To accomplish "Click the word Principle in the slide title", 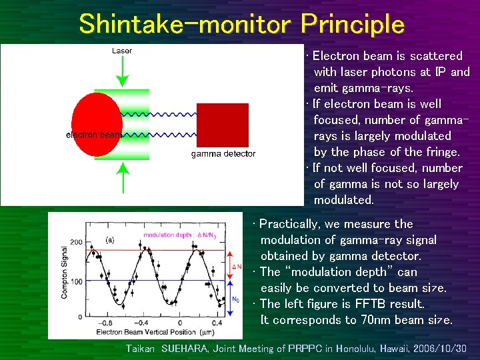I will coord(352,25).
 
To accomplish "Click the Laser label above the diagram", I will coord(121,51).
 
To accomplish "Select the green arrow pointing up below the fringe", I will coord(121,179).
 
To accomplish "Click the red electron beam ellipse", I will coord(97,126).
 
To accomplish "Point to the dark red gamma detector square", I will coord(223,125).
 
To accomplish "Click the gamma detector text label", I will coord(223,154).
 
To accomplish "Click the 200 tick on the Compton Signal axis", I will coord(76,242).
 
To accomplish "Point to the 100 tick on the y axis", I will coord(76,281).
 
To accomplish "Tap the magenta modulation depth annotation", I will coord(177,235).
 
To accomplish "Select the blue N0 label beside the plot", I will coord(235,299).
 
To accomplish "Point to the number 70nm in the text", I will coord(372,320).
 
